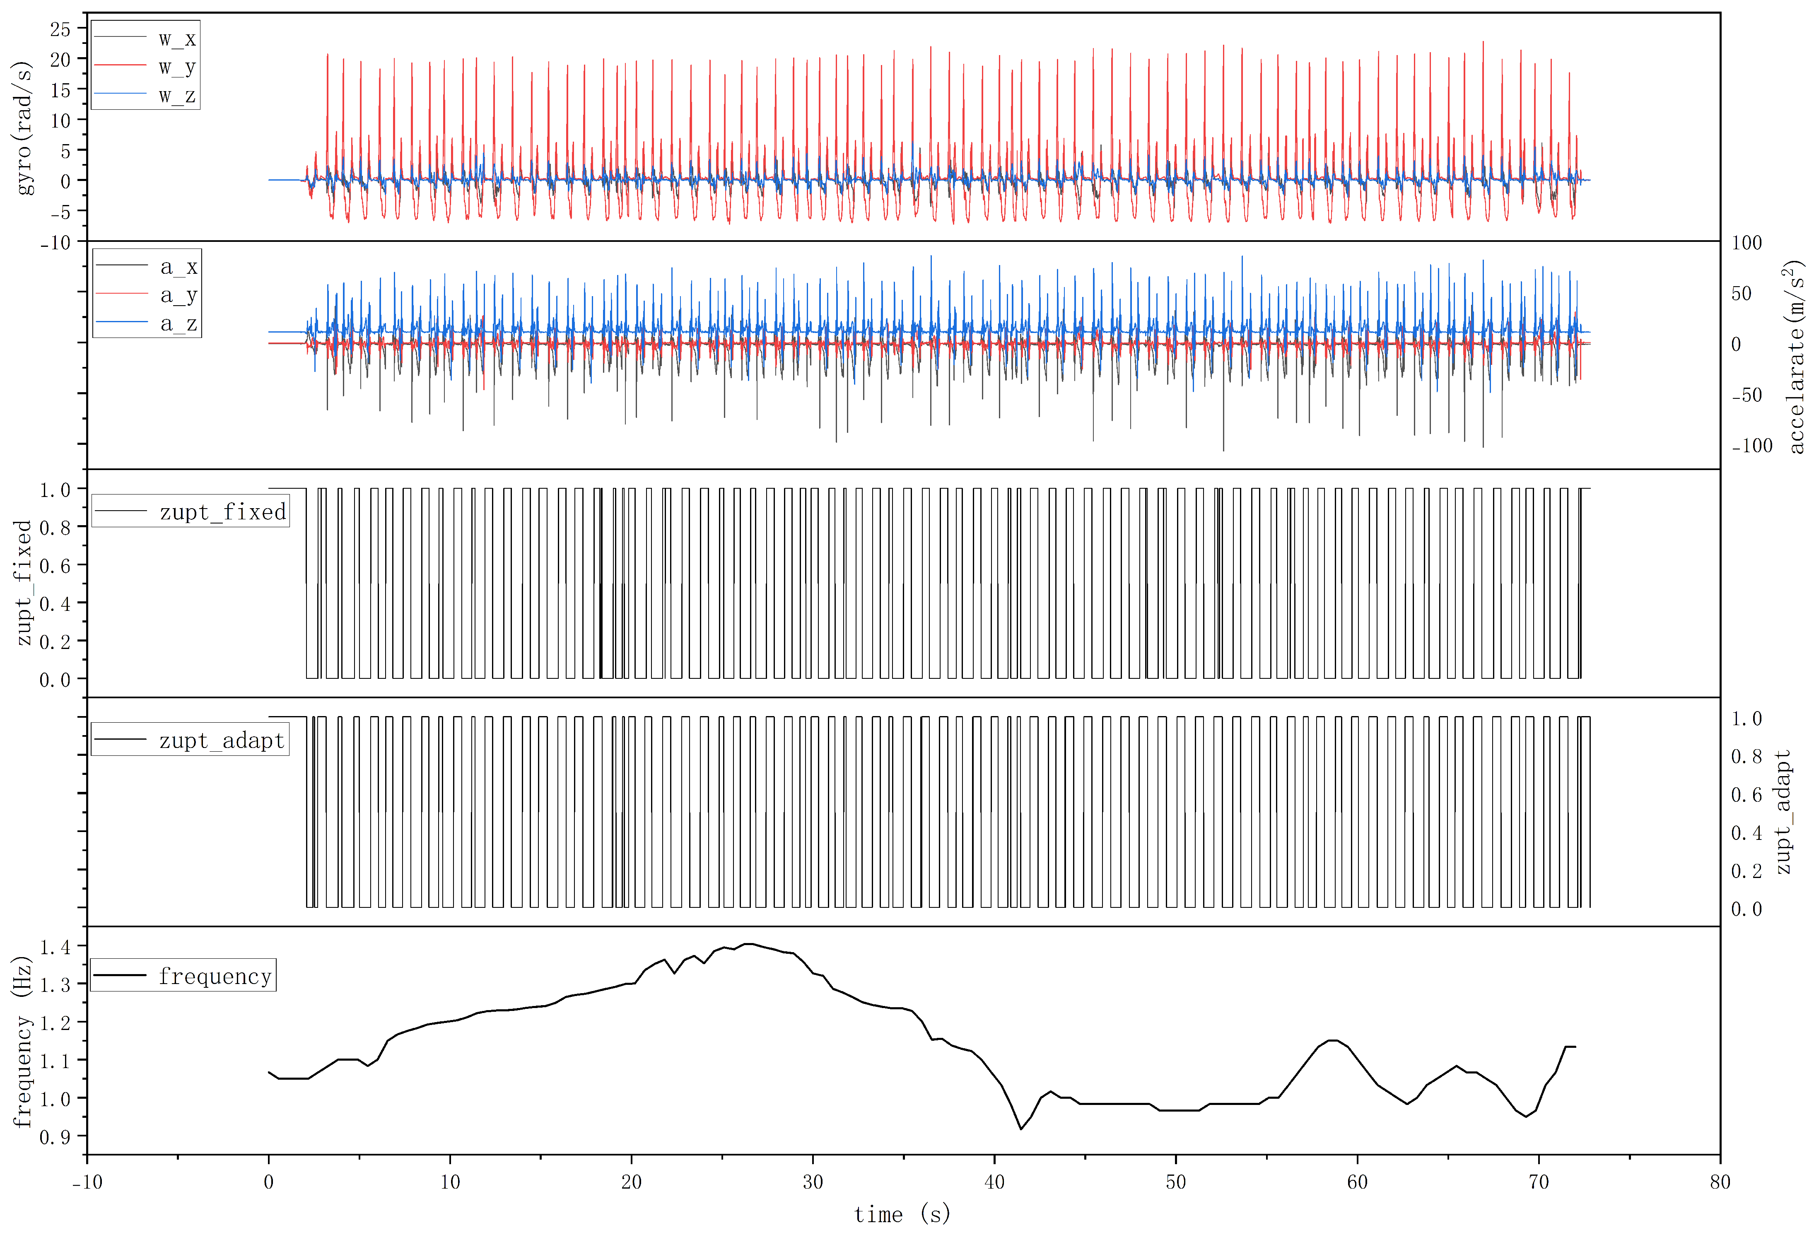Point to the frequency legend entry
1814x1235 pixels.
click(x=215, y=976)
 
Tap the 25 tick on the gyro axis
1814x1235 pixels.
click(x=60, y=30)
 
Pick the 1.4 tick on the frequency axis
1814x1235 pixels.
click(x=55, y=947)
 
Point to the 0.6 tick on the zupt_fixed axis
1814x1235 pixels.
click(x=55, y=565)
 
